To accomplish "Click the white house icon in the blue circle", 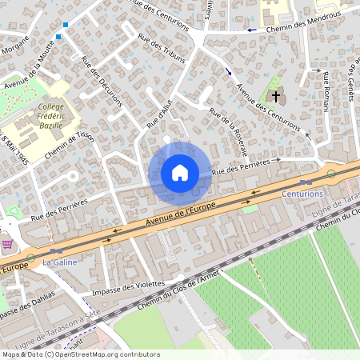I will tap(179, 173).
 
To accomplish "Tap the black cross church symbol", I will tap(275, 97).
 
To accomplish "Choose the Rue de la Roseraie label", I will tap(229, 131).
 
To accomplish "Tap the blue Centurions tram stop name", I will tap(302, 194).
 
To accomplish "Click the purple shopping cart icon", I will tap(7, 244).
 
